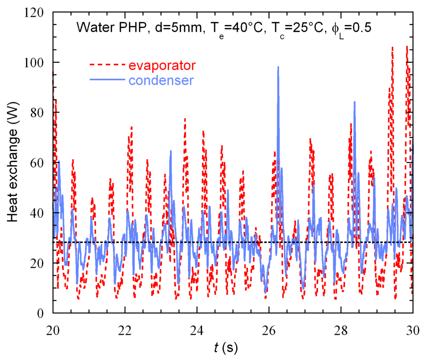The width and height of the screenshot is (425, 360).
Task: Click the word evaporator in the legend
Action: pyautogui.click(x=162, y=65)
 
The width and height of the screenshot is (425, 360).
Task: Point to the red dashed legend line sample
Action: pyautogui.click(x=107, y=65)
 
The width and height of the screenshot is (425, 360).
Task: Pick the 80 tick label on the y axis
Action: pyautogui.click(x=38, y=113)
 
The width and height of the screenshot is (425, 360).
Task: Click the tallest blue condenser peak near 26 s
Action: pyautogui.click(x=278, y=67)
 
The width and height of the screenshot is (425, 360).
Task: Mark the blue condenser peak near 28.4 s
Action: pyautogui.click(x=354, y=102)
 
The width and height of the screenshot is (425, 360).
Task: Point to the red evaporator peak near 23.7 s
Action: pyautogui.click(x=185, y=119)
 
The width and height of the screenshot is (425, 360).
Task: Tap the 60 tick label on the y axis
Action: pyautogui.click(x=38, y=163)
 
